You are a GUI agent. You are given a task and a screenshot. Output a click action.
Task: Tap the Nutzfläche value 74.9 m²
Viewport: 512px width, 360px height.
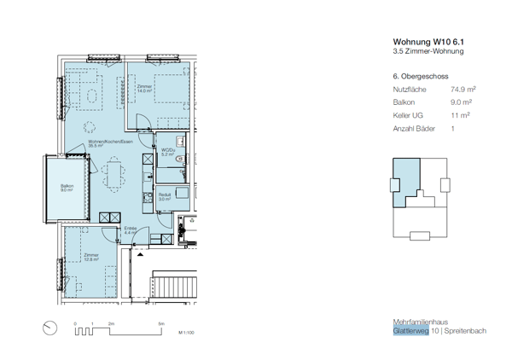click(463, 89)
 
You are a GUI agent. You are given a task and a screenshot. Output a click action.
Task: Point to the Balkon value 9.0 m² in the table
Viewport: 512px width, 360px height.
click(461, 102)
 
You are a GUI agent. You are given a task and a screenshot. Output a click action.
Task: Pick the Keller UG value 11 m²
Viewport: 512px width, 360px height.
click(460, 115)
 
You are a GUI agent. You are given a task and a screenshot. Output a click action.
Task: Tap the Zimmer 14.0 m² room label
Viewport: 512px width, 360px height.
click(144, 89)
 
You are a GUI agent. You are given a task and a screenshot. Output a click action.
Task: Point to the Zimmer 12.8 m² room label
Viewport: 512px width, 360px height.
click(90, 257)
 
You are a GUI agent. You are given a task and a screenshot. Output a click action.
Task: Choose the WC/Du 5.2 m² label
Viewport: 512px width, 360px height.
click(168, 154)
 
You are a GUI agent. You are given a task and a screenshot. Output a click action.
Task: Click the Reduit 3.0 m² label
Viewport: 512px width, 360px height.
click(165, 195)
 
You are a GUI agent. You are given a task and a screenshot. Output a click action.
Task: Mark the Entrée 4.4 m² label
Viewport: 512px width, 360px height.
click(131, 230)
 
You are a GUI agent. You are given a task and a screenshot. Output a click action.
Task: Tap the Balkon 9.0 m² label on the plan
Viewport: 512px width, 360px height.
click(67, 189)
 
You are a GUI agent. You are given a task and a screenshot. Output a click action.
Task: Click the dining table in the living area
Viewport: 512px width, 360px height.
click(112, 177)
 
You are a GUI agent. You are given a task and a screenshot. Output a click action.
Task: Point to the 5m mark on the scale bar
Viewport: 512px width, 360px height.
click(160, 324)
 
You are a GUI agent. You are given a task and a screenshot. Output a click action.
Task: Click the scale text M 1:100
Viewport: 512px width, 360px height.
click(187, 333)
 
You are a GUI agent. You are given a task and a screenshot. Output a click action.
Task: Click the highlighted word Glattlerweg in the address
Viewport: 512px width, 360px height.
click(411, 330)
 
